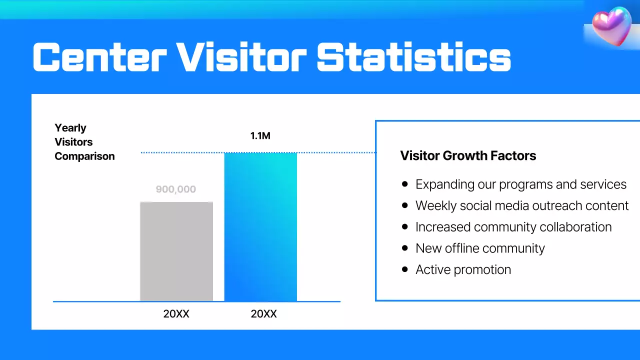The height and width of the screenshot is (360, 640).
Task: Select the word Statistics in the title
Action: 413,56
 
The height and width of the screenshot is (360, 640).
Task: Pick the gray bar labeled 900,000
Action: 176,251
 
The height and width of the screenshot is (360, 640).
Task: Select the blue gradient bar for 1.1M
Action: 260,227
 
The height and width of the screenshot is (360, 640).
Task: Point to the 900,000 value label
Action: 176,189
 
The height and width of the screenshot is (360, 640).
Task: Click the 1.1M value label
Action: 260,135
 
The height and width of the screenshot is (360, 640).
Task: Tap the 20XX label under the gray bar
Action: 176,314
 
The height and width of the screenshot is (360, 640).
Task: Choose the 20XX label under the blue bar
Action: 263,314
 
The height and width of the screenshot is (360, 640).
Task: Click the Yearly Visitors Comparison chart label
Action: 84,142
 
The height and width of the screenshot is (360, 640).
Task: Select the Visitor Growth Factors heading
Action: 468,155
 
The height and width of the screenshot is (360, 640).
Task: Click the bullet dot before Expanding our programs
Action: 405,184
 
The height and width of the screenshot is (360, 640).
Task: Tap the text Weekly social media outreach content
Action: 522,205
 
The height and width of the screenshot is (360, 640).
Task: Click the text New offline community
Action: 480,248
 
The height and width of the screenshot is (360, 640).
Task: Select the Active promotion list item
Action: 463,269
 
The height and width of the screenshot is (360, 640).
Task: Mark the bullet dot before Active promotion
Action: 405,269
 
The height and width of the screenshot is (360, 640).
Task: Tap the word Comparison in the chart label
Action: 84,156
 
